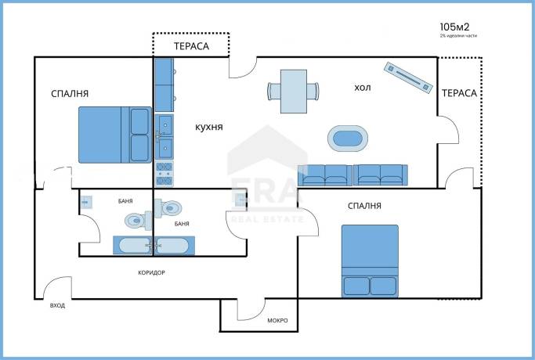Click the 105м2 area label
click(454, 27)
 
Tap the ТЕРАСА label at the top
click(191, 46)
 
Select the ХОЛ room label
click(363, 88)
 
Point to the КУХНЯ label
click(209, 127)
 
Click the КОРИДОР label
click(151, 272)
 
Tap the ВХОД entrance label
click(57, 305)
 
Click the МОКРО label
click(277, 320)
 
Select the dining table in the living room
click(294, 92)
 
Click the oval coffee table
click(348, 139)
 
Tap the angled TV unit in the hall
click(408, 77)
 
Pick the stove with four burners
click(164, 174)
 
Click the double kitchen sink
click(164, 137)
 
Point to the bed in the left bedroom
click(115, 135)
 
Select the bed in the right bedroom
click(370, 261)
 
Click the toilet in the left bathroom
click(138, 221)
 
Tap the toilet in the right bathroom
click(168, 207)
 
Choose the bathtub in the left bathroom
click(132, 246)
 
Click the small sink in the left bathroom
click(86, 202)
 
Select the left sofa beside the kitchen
click(324, 175)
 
